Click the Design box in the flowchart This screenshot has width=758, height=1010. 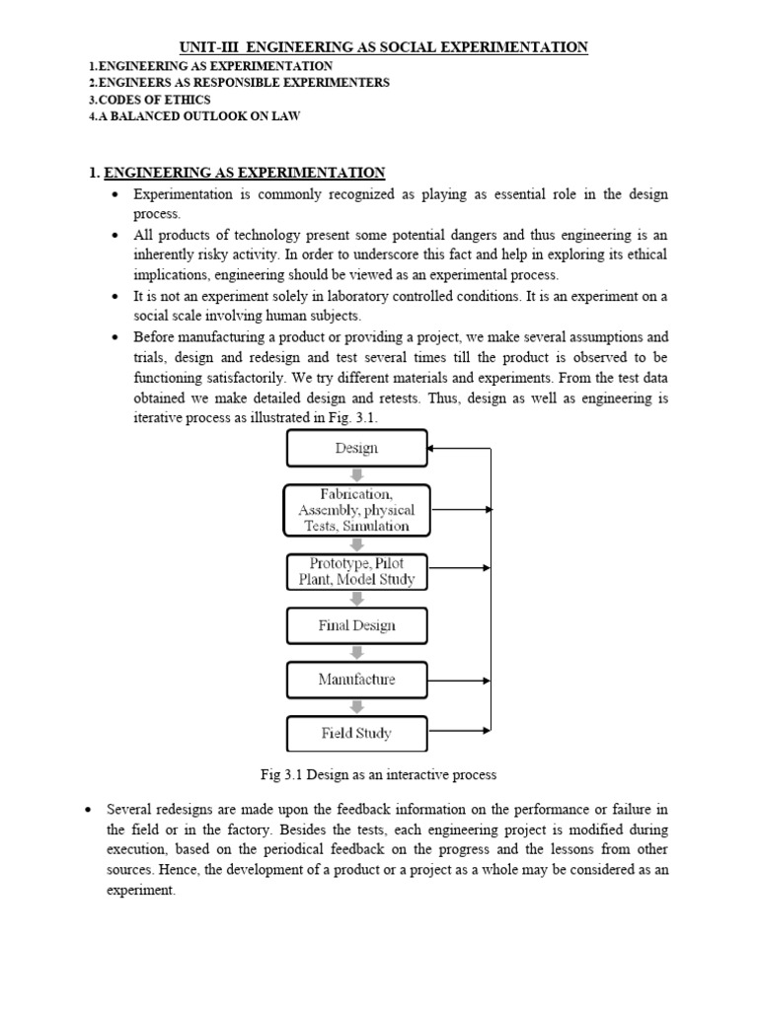coord(356,448)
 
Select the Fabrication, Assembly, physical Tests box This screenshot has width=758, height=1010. coord(356,510)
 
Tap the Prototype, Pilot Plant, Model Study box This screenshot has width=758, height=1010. coord(356,571)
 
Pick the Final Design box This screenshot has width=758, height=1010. coord(356,625)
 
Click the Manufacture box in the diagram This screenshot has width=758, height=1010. coord(356,680)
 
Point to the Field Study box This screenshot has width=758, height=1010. coord(356,733)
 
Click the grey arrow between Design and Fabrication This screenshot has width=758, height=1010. coord(357,474)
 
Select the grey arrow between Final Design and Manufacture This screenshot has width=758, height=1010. coord(357,653)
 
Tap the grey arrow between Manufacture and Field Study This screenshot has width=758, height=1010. coord(357,706)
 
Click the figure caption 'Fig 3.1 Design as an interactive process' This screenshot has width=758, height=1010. coord(374,775)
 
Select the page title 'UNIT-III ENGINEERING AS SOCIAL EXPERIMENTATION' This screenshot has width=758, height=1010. coord(383,46)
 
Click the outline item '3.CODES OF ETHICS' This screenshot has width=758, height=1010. coord(149,100)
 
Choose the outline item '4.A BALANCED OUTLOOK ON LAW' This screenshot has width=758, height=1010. coord(194,116)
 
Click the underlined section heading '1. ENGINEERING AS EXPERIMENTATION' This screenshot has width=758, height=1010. coord(237,173)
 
